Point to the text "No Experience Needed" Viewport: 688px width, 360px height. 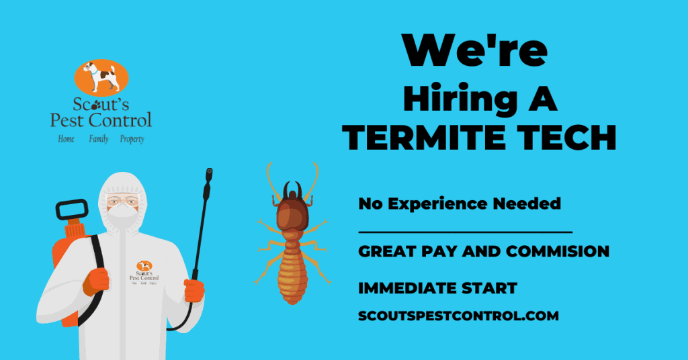[460, 204]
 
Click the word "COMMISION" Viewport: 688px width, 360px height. [557, 251]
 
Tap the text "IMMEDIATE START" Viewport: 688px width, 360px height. [437, 288]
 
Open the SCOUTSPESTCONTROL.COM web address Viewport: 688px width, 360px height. [458, 315]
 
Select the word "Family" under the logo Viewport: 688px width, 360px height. [99, 139]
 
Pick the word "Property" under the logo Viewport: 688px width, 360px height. [132, 139]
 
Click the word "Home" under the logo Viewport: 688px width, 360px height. [66, 139]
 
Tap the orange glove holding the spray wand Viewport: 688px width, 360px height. [194, 290]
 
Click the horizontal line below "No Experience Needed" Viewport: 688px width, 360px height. [465, 232]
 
